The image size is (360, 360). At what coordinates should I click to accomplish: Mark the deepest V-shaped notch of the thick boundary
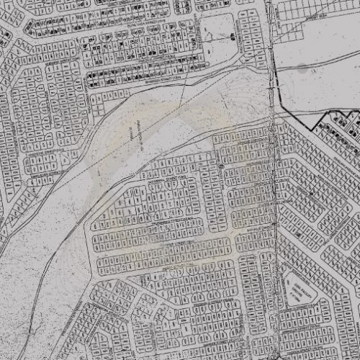[x=311, y=129]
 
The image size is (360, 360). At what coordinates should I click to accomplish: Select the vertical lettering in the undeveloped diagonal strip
[x=132, y=133]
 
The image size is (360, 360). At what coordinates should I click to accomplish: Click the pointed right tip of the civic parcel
[x=338, y=302]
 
